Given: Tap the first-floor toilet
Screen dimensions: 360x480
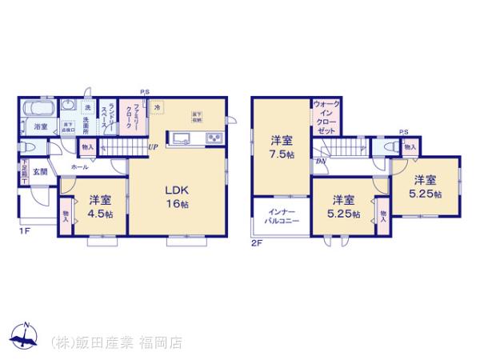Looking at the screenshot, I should click(30, 148).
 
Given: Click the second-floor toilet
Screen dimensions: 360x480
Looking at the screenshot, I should click(390, 148).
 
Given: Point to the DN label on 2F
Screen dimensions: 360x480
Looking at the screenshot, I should click(320, 162).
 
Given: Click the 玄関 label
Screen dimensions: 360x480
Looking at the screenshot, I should click(40, 170).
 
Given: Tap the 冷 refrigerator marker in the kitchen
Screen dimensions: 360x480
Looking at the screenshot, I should click(158, 106).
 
